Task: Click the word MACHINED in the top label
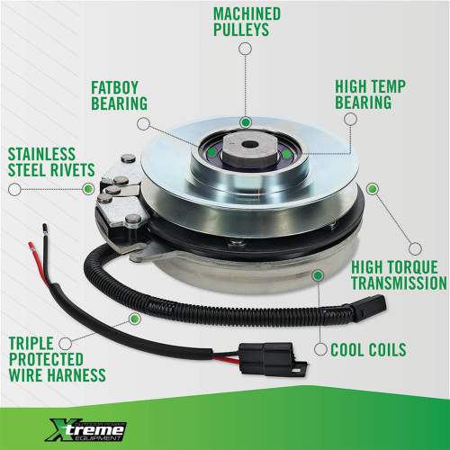point(246,14)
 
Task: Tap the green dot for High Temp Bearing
point(286,155)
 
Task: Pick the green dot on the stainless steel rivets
point(88,188)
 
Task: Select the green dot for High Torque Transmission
point(373,191)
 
